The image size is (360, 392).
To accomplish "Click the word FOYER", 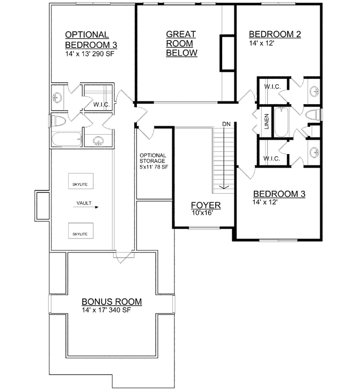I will pos(205,205).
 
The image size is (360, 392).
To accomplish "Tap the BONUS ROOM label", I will pos(111,302).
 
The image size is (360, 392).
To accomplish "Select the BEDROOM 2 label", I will pos(275,34).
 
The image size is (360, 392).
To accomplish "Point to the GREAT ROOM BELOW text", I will pos(181,43).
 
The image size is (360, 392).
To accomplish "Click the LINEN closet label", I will pos(266,122).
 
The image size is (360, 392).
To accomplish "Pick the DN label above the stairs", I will pos(226,124).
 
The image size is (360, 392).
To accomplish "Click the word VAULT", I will pos(83,204).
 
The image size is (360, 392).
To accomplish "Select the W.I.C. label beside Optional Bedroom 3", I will pos(102,104).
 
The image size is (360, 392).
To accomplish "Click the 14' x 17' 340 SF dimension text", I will pos(107,310).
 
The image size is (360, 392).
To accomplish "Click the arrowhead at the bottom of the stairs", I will pos(226,188).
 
